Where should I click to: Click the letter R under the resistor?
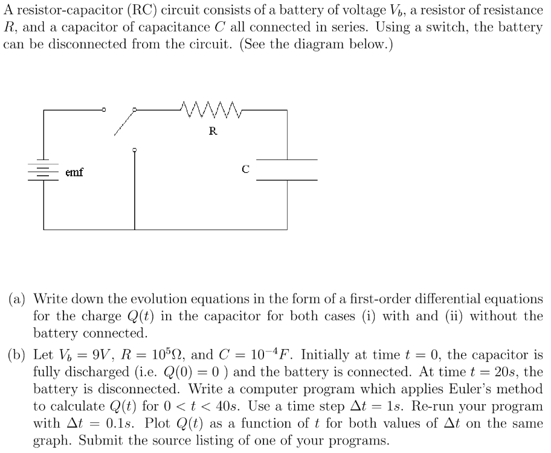(213, 130)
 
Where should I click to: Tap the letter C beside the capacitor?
(245, 170)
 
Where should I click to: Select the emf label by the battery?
(74, 173)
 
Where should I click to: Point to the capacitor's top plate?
(287, 159)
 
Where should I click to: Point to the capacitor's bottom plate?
(287, 180)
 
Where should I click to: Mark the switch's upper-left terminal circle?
(103, 111)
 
